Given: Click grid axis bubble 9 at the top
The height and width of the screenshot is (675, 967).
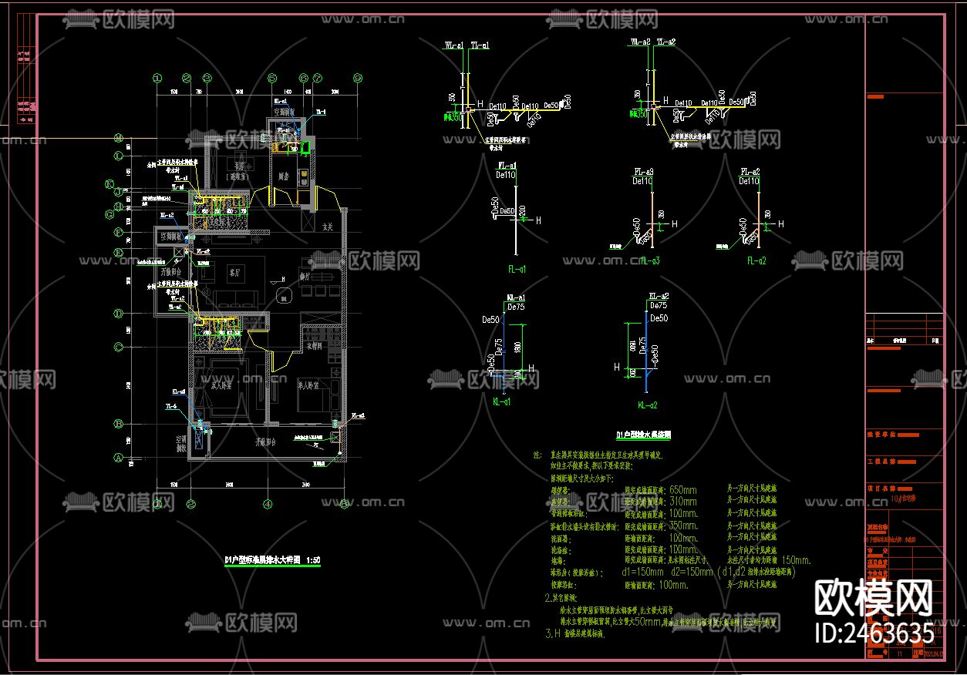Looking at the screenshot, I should coord(358,78).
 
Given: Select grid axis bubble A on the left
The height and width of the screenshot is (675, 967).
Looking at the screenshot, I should coord(119,457).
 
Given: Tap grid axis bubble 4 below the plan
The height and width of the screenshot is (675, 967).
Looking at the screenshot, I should coord(267,505).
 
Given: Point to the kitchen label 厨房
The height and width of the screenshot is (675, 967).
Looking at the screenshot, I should coord(283,177).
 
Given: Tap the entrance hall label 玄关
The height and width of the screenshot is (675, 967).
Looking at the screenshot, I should coord(327,227).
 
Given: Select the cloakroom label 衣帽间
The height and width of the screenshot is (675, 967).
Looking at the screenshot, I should coord(315,346).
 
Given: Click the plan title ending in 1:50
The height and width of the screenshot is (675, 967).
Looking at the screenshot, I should coord(271,559).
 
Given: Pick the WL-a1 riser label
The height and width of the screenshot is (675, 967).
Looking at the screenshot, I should coord(453,46).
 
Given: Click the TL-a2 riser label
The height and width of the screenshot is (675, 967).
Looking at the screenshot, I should coord(665,42).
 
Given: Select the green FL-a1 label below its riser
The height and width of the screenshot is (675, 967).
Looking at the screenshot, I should coord(516,269).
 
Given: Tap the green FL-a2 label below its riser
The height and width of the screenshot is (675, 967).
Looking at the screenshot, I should coord(756,261).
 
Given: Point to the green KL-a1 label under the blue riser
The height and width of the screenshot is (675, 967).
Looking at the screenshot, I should coord(501,401).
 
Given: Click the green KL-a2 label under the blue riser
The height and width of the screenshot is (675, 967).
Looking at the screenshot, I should coord(647,405).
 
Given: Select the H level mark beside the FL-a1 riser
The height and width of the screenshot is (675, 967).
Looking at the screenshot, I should coord(537,220).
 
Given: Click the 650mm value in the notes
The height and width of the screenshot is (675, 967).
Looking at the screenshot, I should coord(682,489).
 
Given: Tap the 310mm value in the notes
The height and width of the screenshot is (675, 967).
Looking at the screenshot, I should coord(682,501).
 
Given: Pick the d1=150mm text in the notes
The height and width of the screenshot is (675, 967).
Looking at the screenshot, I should coord(642,573).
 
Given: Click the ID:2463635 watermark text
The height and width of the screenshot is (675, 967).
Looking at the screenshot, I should coord(874,633).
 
